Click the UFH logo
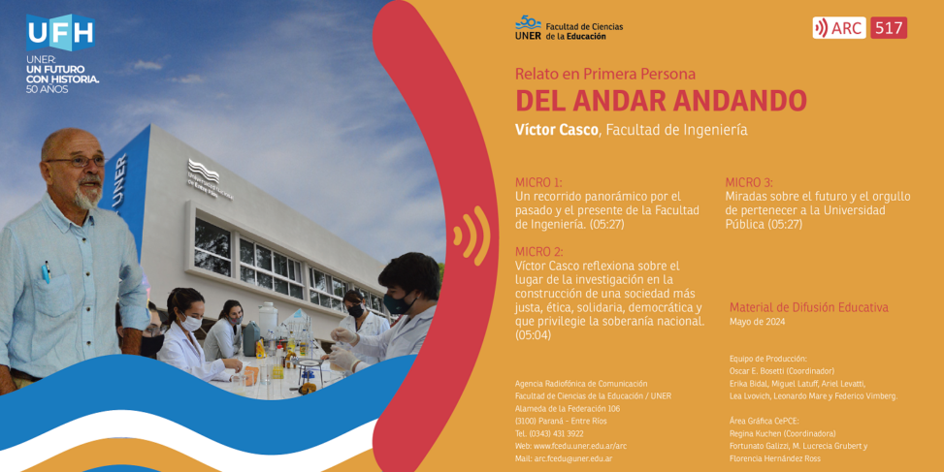click(x=60, y=33)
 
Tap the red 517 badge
click(x=889, y=28)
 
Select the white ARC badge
click(x=838, y=28)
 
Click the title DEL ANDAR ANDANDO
click(x=661, y=101)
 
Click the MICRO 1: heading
click(x=538, y=183)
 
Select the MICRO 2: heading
click(x=539, y=252)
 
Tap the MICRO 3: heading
click(x=749, y=183)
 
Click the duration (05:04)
click(x=534, y=335)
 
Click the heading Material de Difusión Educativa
click(x=809, y=307)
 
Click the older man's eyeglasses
click(x=77, y=161)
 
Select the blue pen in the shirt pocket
click(x=46, y=271)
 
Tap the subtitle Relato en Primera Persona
click(x=605, y=74)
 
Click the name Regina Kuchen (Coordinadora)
click(x=783, y=433)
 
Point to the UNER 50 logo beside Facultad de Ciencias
click(x=528, y=27)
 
